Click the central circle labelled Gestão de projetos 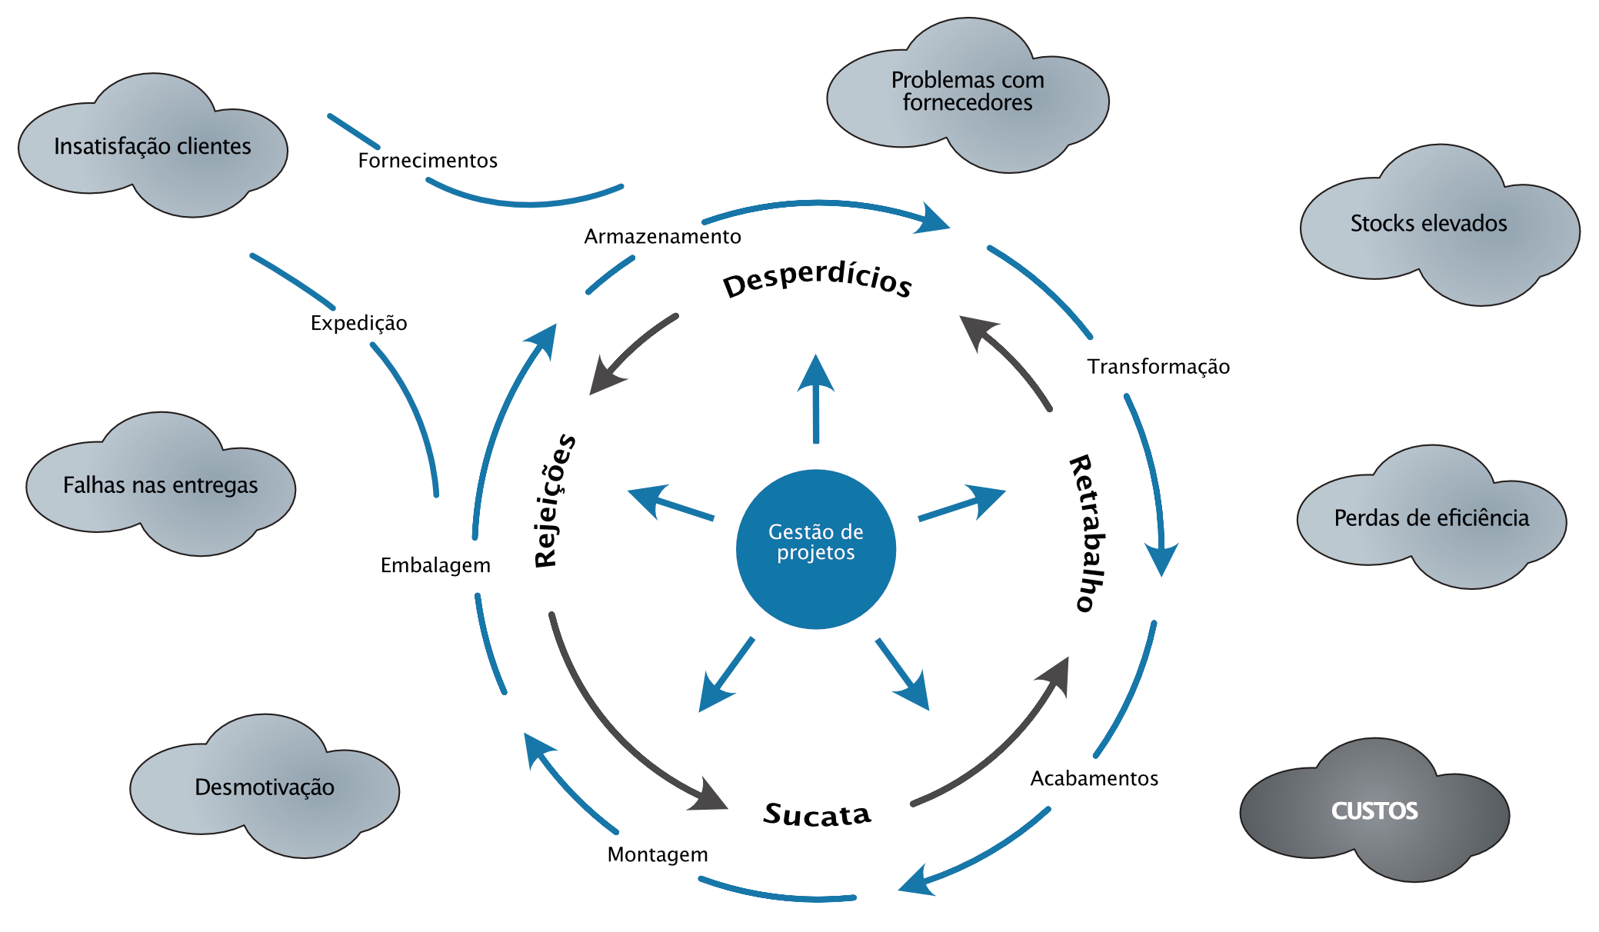click(815, 549)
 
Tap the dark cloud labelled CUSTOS click(1374, 811)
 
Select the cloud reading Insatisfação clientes click(152, 146)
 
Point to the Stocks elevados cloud click(1428, 223)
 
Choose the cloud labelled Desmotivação click(264, 787)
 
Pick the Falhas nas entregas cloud click(160, 485)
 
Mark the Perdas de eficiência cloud click(1431, 518)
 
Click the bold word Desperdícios click(817, 278)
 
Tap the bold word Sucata click(817, 814)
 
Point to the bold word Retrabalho click(1088, 533)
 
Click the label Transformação click(1158, 367)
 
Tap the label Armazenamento click(662, 236)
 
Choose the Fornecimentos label click(428, 161)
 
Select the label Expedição click(358, 323)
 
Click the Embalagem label click(435, 565)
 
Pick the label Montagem click(658, 854)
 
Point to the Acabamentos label click(1094, 778)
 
